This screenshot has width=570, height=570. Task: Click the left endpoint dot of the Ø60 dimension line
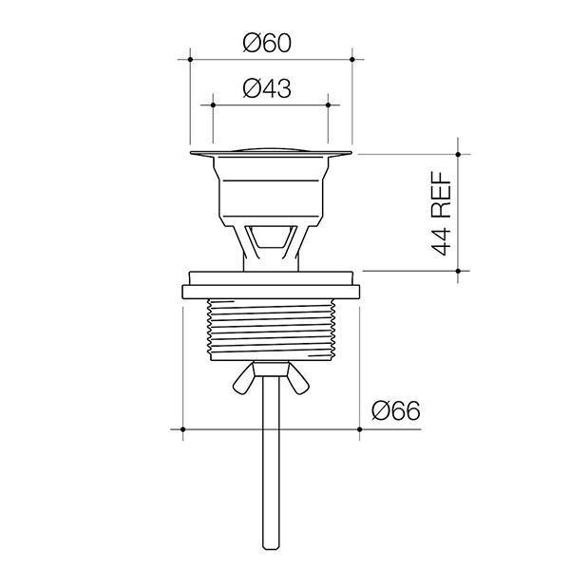coord(192,59)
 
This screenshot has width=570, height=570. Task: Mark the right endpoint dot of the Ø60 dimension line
coord(353,59)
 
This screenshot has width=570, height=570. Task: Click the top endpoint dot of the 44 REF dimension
coord(458,153)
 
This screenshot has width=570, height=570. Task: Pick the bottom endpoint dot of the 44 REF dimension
coord(458,271)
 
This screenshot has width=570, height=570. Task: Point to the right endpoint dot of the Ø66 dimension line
coord(360,429)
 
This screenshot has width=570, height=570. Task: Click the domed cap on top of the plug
coord(272,146)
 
